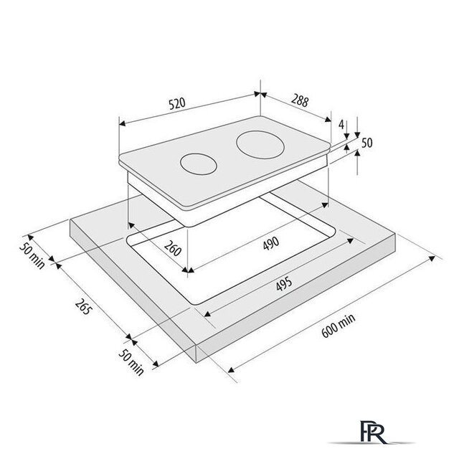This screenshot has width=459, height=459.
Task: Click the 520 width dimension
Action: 177,103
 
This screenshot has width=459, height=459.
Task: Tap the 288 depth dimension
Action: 300,101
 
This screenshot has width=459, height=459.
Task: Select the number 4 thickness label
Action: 341,124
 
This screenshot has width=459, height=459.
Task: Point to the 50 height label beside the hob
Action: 367,143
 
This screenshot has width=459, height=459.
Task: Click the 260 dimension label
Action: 173,248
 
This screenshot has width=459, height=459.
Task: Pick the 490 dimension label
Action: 271,243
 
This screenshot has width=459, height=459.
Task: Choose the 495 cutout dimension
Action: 284,284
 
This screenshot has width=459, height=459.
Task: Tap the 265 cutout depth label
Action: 83,306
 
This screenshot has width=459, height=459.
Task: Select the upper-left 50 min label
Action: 32,256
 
